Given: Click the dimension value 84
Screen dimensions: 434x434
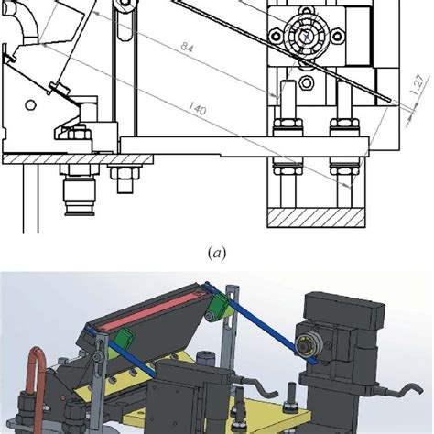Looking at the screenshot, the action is tap(187, 48).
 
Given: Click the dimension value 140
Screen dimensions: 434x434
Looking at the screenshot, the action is tap(197, 108).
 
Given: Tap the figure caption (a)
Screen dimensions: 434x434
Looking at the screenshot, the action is tap(217, 254).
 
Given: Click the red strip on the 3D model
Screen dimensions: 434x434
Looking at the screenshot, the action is tap(149, 309).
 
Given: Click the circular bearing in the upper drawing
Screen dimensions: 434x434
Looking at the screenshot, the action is tap(306, 37).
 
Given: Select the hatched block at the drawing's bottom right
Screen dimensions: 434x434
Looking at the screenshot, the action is tap(316, 218).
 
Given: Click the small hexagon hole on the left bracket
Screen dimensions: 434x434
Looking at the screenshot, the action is tap(30, 105).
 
